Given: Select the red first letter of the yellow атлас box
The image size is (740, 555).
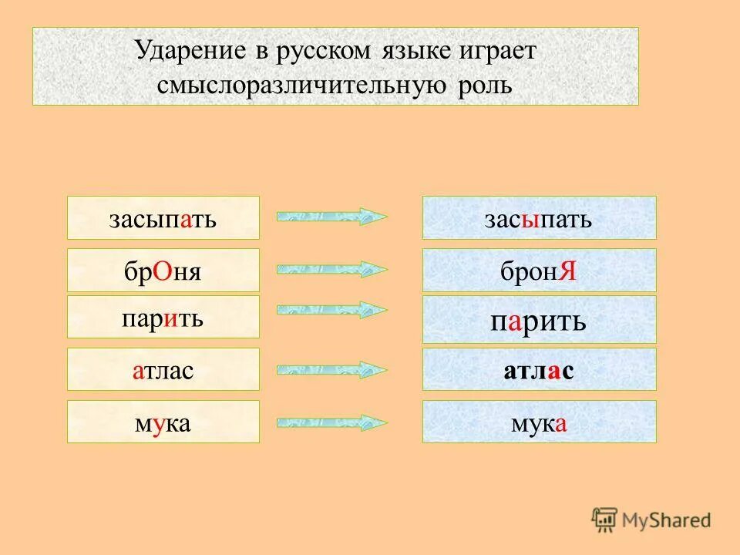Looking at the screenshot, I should pyautogui.click(x=136, y=372).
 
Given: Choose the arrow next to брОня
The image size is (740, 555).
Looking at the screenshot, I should pyautogui.click(x=331, y=269).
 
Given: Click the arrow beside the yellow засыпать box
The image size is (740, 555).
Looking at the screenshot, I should pyautogui.click(x=331, y=217).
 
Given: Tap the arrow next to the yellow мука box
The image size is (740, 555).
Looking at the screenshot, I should pyautogui.click(x=331, y=422).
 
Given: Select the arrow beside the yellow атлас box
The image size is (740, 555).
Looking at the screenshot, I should pyautogui.click(x=331, y=369).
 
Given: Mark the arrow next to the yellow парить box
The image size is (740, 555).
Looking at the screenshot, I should pyautogui.click(x=331, y=310).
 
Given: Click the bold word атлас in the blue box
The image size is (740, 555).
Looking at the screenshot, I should pyautogui.click(x=539, y=371).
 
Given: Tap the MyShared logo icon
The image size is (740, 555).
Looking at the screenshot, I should pyautogui.click(x=605, y=520).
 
